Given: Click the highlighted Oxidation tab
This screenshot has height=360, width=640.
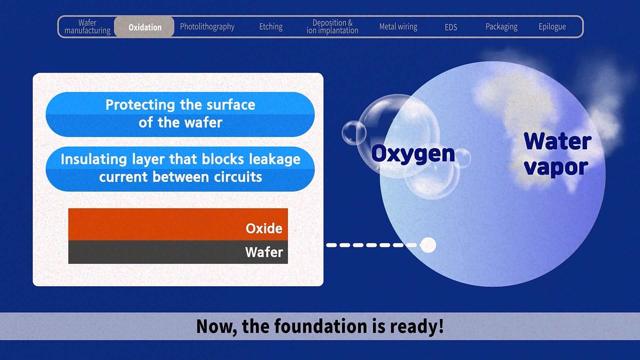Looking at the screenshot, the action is click(144, 27).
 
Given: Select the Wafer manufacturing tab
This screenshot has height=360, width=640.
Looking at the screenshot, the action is click(87, 27).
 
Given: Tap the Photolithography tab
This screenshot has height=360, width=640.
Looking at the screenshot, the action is click(207, 27).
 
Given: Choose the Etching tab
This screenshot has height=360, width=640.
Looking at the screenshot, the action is click(271, 27).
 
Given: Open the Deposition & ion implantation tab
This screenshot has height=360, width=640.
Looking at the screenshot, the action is click(332, 27).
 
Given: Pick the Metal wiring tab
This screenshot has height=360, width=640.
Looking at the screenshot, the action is click(398, 27).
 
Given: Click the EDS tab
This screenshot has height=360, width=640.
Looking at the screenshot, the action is click(451, 27).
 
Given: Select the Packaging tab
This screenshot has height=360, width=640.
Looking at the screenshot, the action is click(501, 27).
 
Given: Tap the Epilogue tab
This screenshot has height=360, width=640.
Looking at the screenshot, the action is click(552, 27).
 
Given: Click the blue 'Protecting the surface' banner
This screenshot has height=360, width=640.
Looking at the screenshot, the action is click(180, 114).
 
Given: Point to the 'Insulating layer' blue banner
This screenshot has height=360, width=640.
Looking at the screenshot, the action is click(180, 169).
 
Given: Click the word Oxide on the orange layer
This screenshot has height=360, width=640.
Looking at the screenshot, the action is click(264, 228).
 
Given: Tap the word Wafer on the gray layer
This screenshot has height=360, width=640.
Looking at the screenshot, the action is click(264, 252).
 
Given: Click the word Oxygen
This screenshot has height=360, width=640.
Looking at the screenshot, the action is click(413, 154).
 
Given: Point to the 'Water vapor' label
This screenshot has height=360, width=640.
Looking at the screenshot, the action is click(557, 154).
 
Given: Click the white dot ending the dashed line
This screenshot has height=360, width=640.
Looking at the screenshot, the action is click(428, 245).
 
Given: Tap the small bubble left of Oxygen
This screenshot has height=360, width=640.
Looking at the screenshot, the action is click(354, 133).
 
